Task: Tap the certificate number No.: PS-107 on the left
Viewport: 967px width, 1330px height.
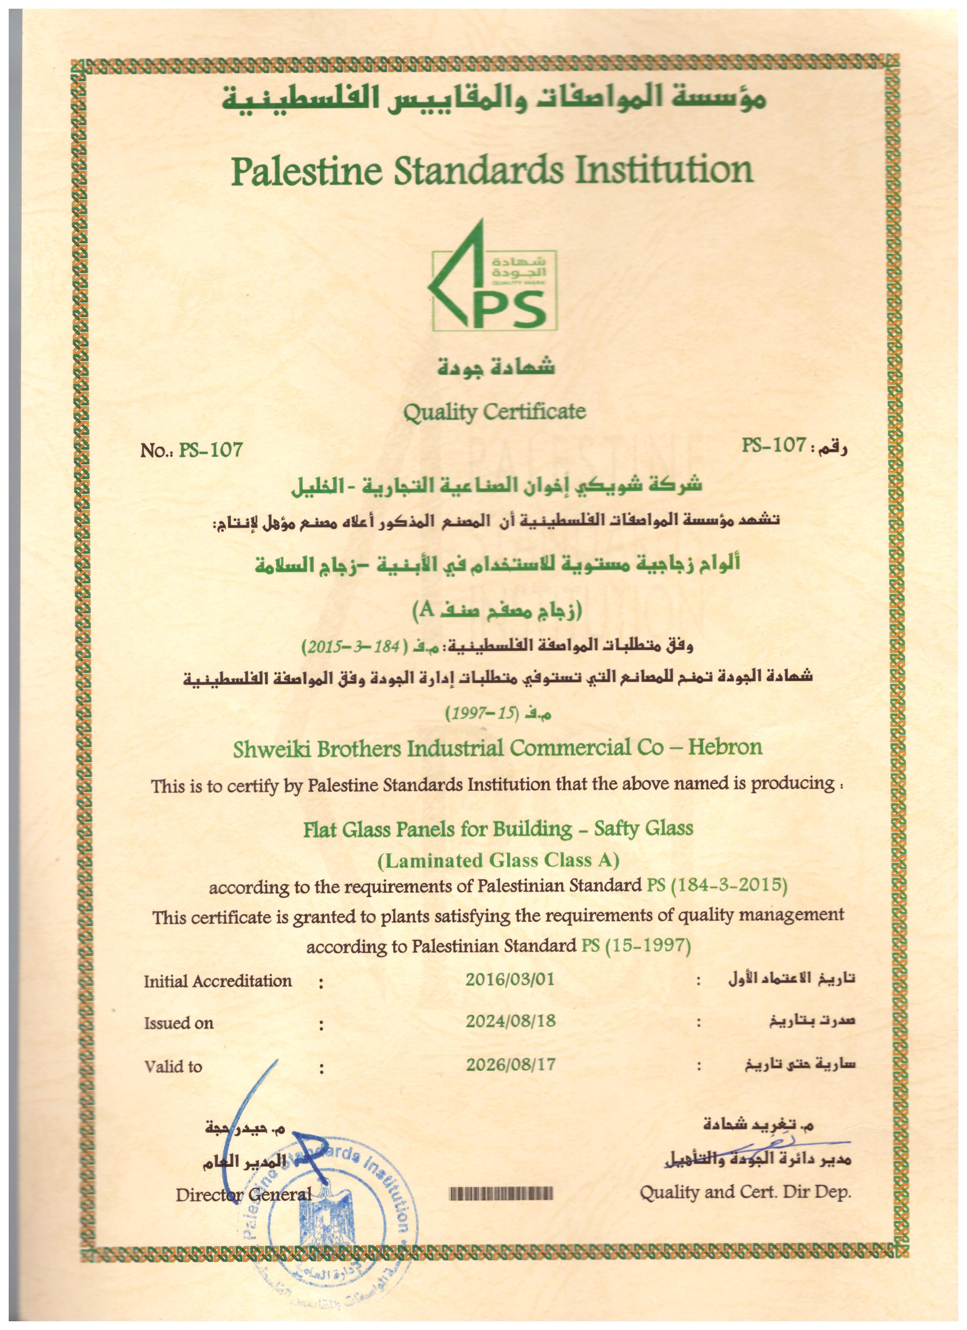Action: [191, 450]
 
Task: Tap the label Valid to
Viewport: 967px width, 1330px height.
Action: [173, 1066]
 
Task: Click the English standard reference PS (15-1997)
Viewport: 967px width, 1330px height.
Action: [635, 946]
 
